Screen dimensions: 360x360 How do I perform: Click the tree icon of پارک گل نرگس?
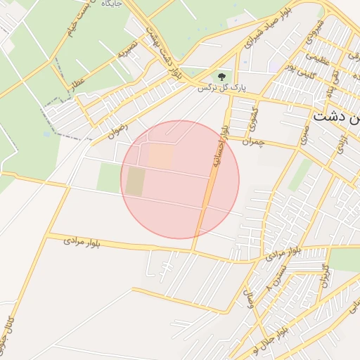[x=221, y=75]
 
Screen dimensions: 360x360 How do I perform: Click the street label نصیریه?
[x=127, y=49]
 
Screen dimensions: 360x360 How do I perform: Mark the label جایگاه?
[x=112, y=4]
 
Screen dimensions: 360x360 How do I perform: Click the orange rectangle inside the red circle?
[x=160, y=156]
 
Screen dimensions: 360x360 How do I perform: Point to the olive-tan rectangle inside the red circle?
[x=136, y=181]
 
